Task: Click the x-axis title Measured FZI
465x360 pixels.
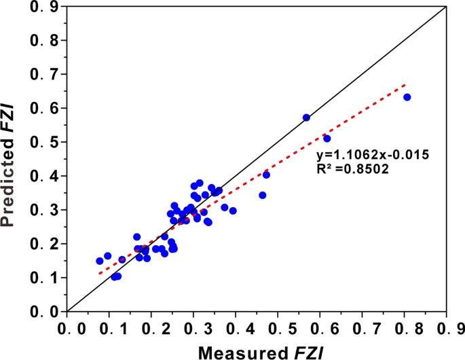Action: (260, 351)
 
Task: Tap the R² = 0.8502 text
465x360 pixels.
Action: (356, 169)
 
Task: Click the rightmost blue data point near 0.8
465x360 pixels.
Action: (407, 97)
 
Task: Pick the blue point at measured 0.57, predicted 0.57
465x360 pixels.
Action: (306, 118)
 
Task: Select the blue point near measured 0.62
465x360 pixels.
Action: (327, 139)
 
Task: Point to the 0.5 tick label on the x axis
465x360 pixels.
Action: (278, 328)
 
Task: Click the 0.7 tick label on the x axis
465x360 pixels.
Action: (362, 328)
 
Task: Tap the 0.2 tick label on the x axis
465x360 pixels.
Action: (151, 328)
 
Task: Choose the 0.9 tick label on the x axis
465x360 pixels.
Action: (446, 328)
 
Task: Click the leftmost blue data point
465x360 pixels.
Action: (100, 261)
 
